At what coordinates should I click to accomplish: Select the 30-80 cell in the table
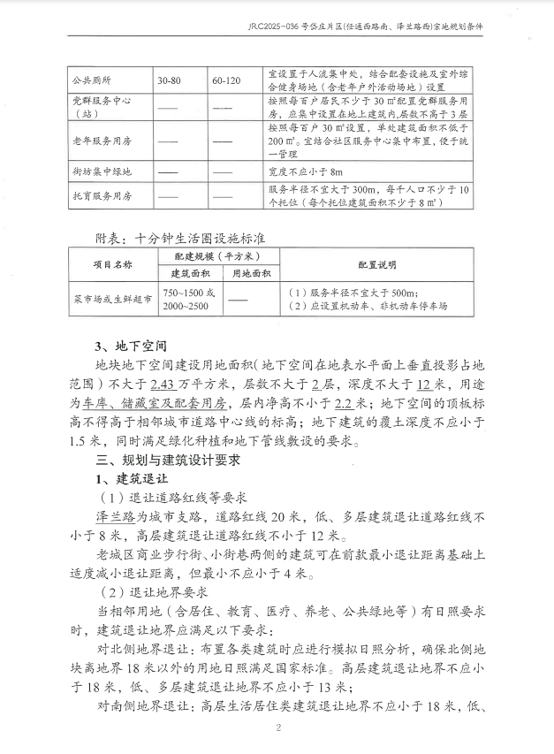[x=171, y=80]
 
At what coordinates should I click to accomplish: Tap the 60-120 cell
[x=226, y=80]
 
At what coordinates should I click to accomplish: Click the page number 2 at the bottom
[x=277, y=728]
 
